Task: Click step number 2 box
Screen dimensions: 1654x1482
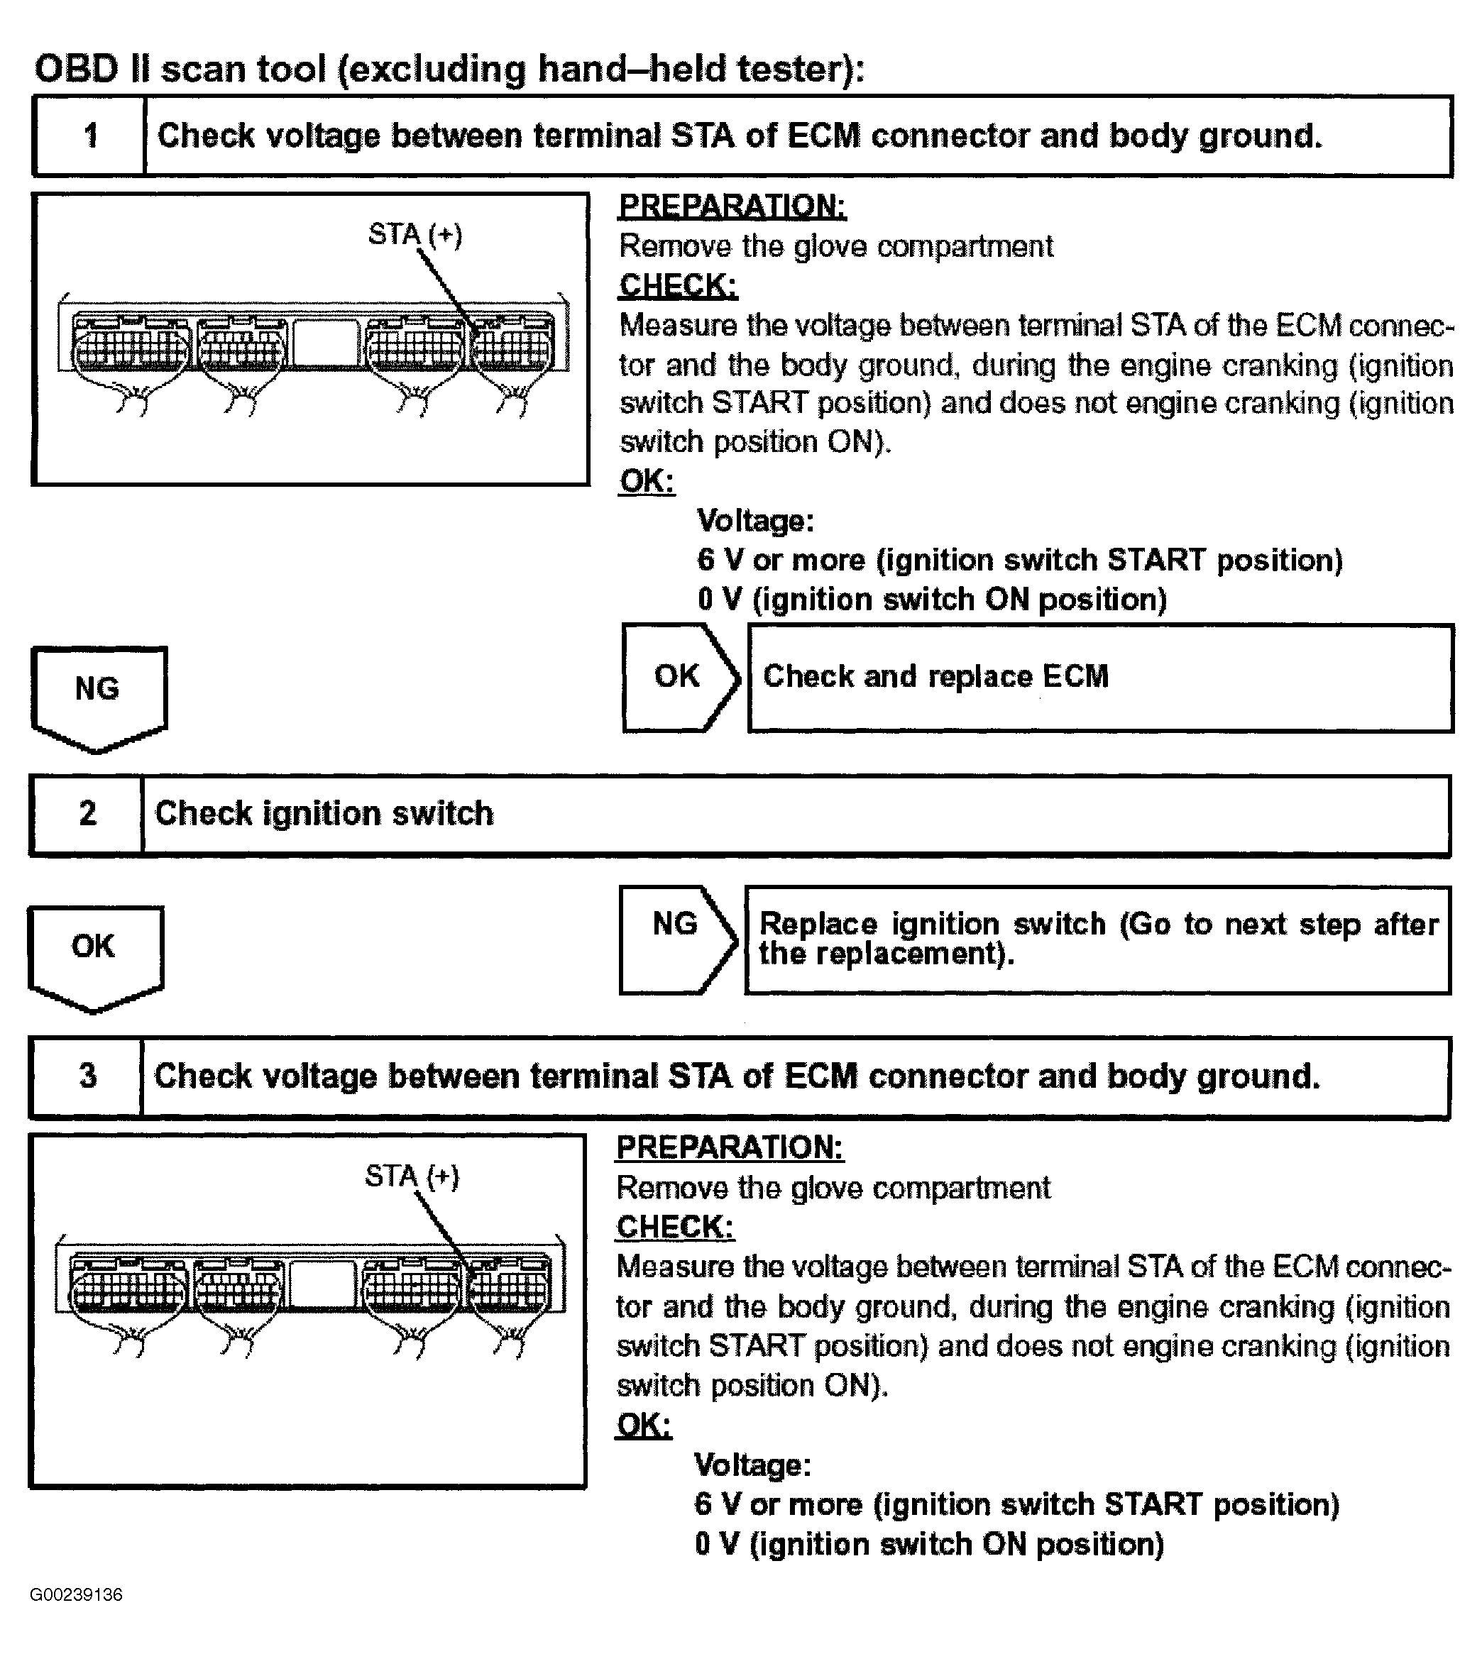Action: (x=87, y=814)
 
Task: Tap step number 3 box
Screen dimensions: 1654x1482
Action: (x=87, y=1076)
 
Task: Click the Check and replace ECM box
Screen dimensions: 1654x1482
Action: (x=1099, y=677)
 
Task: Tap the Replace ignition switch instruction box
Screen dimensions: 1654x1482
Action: (x=1097, y=940)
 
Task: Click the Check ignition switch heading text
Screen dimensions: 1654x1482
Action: (x=324, y=814)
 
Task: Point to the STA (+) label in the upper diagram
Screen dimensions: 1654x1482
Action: (x=415, y=236)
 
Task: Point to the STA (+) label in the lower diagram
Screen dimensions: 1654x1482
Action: (x=411, y=1176)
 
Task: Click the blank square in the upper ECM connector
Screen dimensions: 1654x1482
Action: (x=325, y=342)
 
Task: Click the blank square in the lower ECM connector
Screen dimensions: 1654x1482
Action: (x=322, y=1284)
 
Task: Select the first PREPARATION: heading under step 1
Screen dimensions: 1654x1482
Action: (x=732, y=206)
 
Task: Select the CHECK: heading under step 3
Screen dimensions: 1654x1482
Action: (x=675, y=1227)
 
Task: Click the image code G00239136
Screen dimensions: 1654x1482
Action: (x=76, y=1594)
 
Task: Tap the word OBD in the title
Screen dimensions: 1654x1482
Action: (x=77, y=68)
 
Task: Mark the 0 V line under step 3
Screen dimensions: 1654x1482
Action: (x=928, y=1544)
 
